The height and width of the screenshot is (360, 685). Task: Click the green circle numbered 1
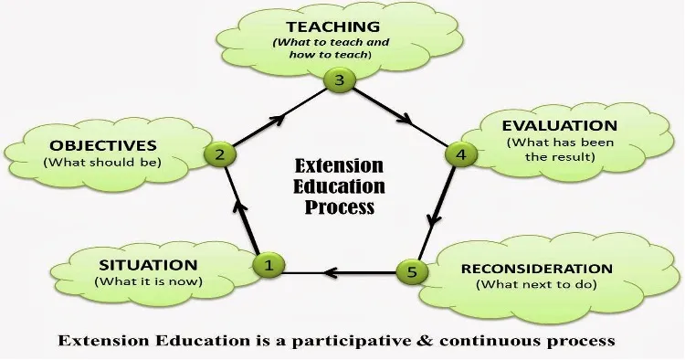[269, 266]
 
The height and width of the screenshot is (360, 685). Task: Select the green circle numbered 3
[339, 81]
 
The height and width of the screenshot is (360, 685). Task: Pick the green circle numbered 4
[459, 154]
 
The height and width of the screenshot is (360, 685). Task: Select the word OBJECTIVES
[103, 145]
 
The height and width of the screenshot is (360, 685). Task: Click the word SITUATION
[146, 265]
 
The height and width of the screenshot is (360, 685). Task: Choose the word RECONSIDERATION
[537, 269]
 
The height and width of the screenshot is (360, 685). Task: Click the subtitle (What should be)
[103, 162]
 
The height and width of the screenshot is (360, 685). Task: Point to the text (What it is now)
[146, 281]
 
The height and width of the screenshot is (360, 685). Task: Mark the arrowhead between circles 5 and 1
[329, 270]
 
